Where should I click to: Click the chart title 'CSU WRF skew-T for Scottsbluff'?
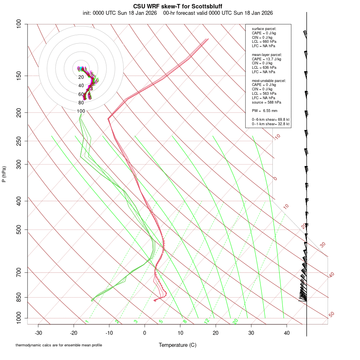pos(178,6)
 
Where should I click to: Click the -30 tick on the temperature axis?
pos(38,333)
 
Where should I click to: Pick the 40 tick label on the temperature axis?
pos(287,333)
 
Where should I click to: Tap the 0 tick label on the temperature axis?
pos(145,333)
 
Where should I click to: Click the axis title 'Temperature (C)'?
pos(178,345)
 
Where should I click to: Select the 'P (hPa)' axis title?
pos(4,174)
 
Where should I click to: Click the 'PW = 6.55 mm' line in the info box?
pos(264,110)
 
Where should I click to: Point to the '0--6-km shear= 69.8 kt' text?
pos(270,120)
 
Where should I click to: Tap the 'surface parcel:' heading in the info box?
pos(264,29)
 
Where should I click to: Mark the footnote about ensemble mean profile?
pos(59,345)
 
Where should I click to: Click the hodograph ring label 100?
pos(81,111)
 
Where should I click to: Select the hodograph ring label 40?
pos(81,86)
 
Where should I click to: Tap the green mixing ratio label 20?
pos(235,321)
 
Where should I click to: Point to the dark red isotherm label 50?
pos(331,315)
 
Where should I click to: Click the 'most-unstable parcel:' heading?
pos(269,80)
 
